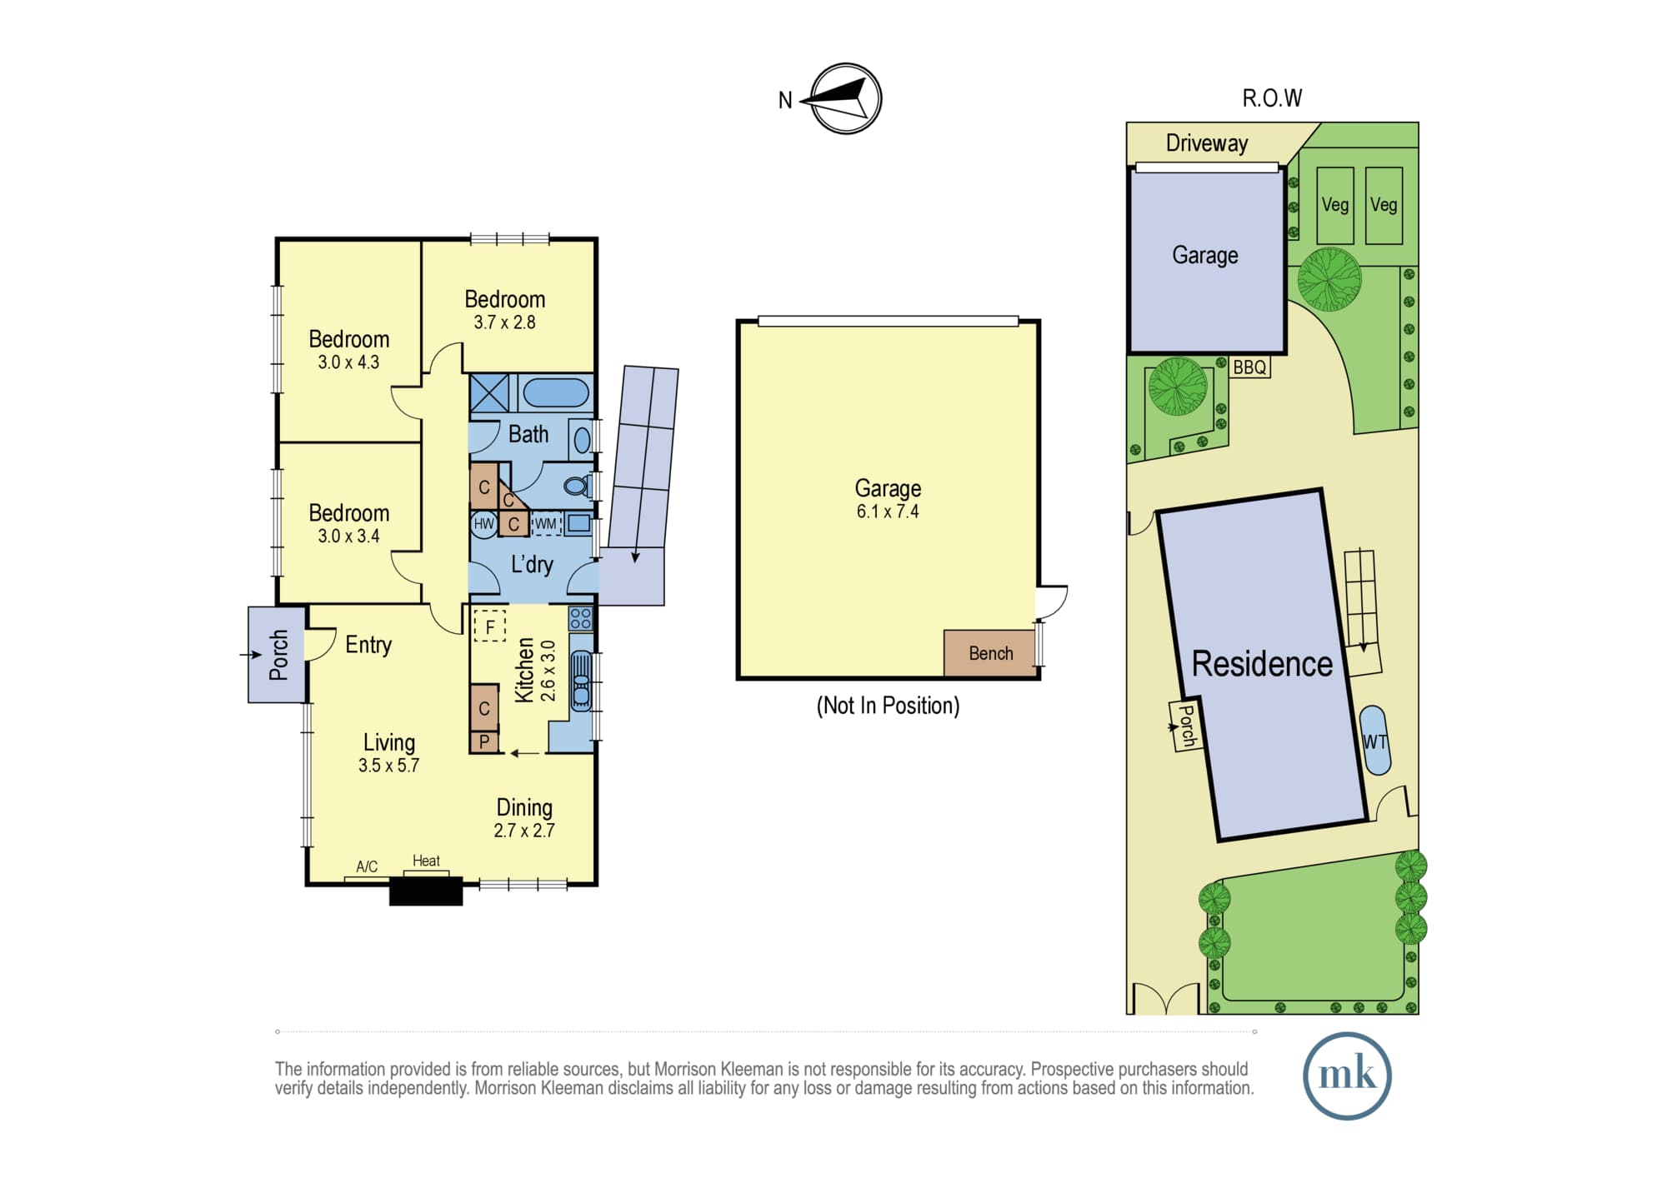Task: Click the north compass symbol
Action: pos(845,98)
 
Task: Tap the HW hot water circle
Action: pos(483,524)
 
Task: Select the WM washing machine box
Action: pos(545,524)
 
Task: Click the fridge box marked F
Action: pos(490,626)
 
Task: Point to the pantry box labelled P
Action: pos(484,741)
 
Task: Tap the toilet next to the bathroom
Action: pos(576,485)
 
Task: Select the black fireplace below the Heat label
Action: pos(426,890)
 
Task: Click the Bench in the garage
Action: pos(989,653)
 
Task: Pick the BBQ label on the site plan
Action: pos(1249,367)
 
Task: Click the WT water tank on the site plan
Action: pos(1374,741)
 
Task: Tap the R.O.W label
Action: pos(1272,98)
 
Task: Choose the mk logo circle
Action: pos(1347,1076)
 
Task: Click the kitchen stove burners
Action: pos(581,618)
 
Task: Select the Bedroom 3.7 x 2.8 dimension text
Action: pos(504,322)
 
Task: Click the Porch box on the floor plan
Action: pos(277,655)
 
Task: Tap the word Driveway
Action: pos(1207,143)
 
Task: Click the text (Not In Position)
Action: pos(888,706)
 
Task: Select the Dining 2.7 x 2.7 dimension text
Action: pos(524,831)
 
